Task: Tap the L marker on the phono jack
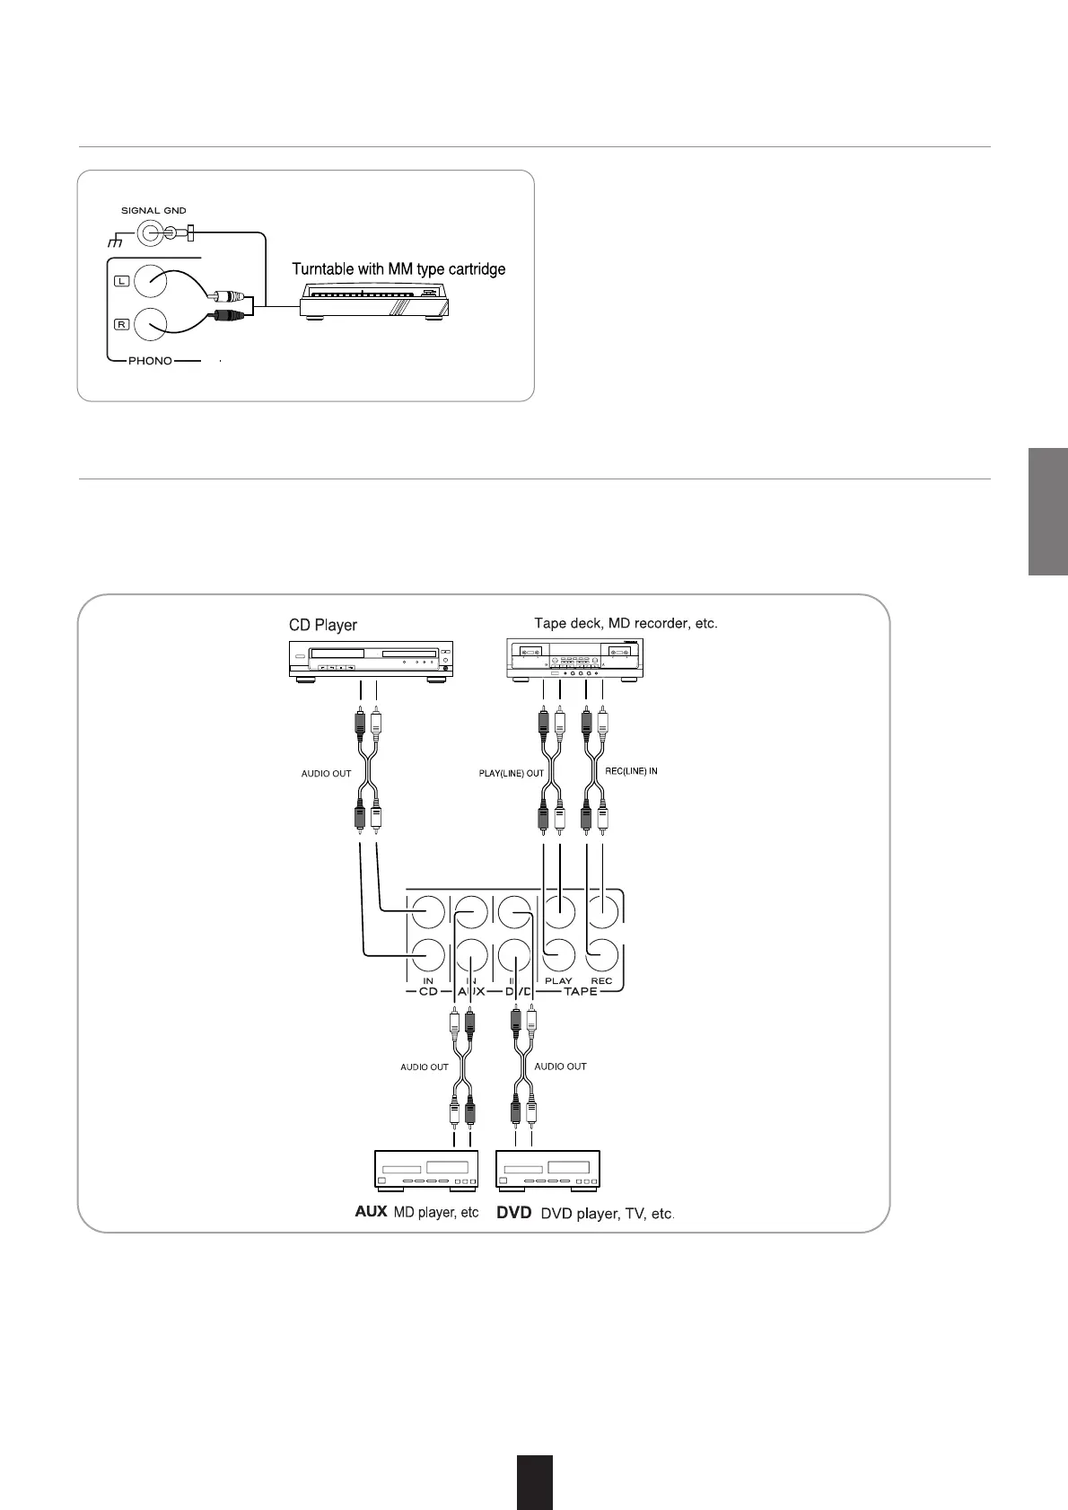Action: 121,281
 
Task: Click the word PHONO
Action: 149,361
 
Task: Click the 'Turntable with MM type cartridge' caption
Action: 398,269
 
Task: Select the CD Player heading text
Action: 323,624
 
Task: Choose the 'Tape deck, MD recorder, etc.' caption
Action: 626,622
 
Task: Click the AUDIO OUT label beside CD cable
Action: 326,773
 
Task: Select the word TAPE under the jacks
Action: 580,992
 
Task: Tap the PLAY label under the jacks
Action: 558,980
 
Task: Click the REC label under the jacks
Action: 601,980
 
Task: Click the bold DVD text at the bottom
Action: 515,1212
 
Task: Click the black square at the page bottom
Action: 535,1482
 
